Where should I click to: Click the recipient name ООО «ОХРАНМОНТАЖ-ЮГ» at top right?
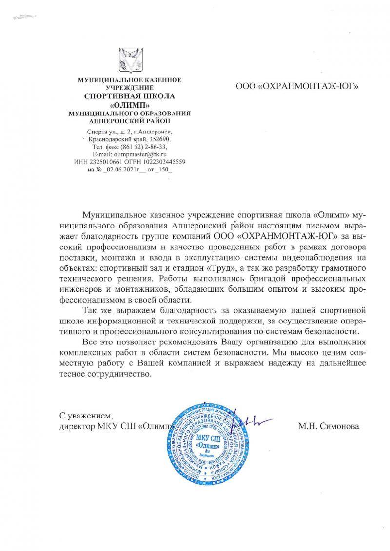coord(297,87)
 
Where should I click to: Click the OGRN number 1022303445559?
coord(162,161)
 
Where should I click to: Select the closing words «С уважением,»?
coord(86,416)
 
